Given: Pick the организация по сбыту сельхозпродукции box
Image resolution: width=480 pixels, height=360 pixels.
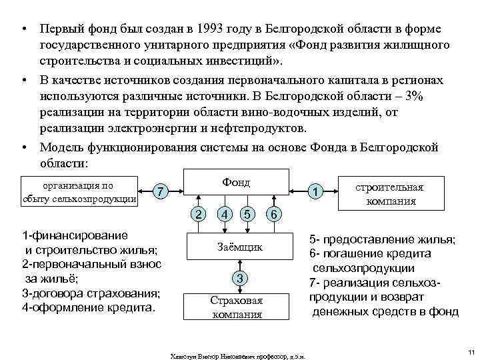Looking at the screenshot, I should [79, 192].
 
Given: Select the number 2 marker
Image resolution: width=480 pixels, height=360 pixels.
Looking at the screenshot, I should [197, 215].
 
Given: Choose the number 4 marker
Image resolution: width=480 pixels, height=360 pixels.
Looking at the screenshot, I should [227, 215].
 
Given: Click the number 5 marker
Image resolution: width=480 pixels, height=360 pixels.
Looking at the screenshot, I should [247, 215].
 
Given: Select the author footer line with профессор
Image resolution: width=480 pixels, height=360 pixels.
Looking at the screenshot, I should [237, 355].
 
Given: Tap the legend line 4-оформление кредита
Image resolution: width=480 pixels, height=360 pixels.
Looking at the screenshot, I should [88, 309].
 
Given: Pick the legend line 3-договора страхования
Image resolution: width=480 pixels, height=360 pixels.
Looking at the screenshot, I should [90, 294].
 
